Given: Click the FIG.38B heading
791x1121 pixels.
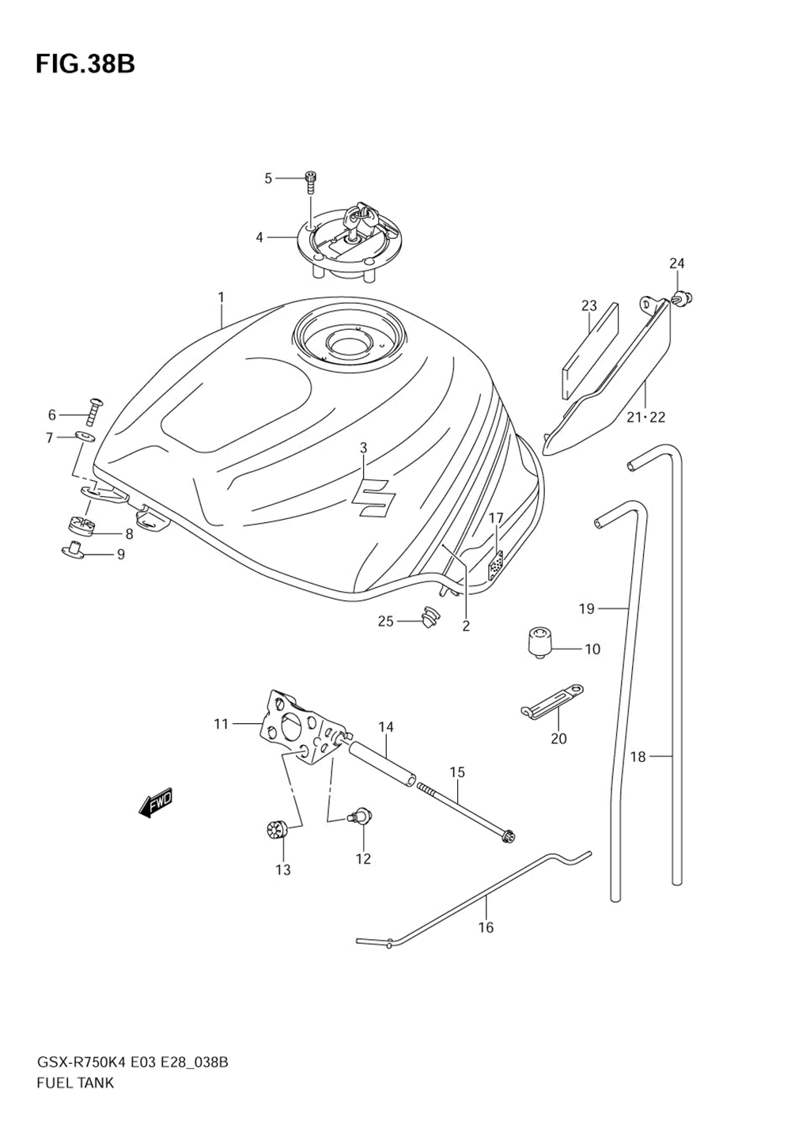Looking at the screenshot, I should click(x=85, y=64).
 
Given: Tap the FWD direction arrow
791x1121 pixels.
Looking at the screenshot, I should click(x=155, y=802).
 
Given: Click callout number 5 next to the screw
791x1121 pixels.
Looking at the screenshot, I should click(x=267, y=179).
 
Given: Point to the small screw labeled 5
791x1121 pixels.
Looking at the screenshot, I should click(x=311, y=183).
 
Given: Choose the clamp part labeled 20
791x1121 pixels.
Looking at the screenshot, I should click(x=553, y=701).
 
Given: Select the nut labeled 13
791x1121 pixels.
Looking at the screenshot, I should click(x=275, y=831).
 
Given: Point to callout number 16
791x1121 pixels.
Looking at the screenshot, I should click(x=486, y=927).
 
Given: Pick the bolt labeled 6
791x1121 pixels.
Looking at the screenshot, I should click(x=95, y=408).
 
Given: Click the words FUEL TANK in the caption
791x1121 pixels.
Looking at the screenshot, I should click(x=75, y=1083).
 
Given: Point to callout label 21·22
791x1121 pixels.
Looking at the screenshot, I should click(x=645, y=417).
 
